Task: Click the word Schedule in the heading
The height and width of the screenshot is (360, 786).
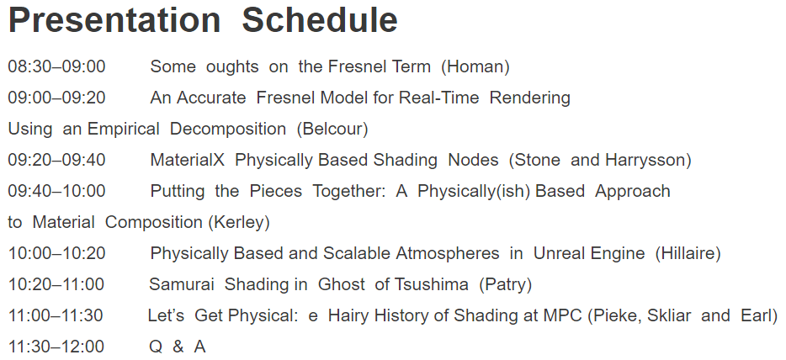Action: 320,20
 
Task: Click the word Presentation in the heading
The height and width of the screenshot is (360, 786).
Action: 114,20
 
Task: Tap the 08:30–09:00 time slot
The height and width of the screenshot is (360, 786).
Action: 56,66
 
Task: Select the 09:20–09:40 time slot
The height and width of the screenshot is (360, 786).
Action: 56,160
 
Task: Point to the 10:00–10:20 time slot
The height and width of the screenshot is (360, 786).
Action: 56,253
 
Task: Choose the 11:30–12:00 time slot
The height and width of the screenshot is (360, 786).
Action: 56,346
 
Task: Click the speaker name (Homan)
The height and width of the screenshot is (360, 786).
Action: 475,66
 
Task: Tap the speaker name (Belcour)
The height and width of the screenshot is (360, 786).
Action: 332,129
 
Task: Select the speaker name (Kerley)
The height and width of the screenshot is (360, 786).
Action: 239,222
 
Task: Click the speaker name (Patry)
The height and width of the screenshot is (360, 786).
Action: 505,284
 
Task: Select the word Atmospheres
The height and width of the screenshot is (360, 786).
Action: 448,254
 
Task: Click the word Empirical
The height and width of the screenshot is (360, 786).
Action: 124,130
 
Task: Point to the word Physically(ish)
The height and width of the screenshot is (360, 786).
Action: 474,192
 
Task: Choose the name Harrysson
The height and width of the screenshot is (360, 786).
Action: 648,160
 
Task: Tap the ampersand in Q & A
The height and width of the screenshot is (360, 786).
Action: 178,346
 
